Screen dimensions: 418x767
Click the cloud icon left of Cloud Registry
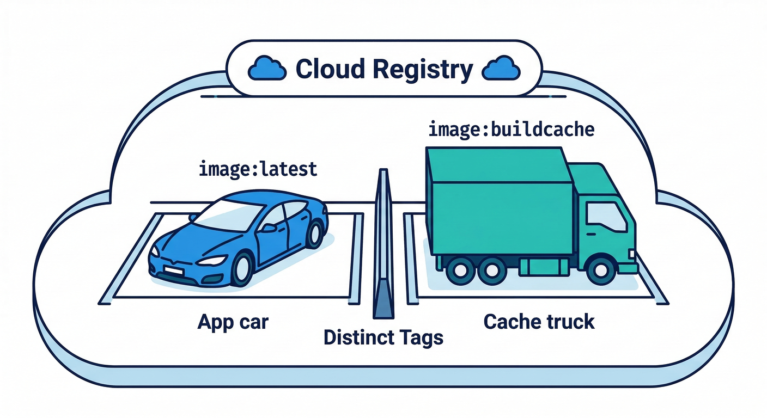[x=267, y=70]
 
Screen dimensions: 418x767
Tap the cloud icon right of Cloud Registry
[x=502, y=70]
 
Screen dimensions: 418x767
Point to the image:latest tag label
[x=258, y=169]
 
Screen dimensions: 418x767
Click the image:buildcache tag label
[x=510, y=130]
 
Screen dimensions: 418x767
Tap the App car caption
[x=233, y=322]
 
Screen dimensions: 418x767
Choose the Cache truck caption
[x=539, y=322]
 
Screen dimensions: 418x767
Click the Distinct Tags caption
[x=383, y=337]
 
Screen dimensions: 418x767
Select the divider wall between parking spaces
[x=382, y=245]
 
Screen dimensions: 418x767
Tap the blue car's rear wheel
[x=314, y=235]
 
